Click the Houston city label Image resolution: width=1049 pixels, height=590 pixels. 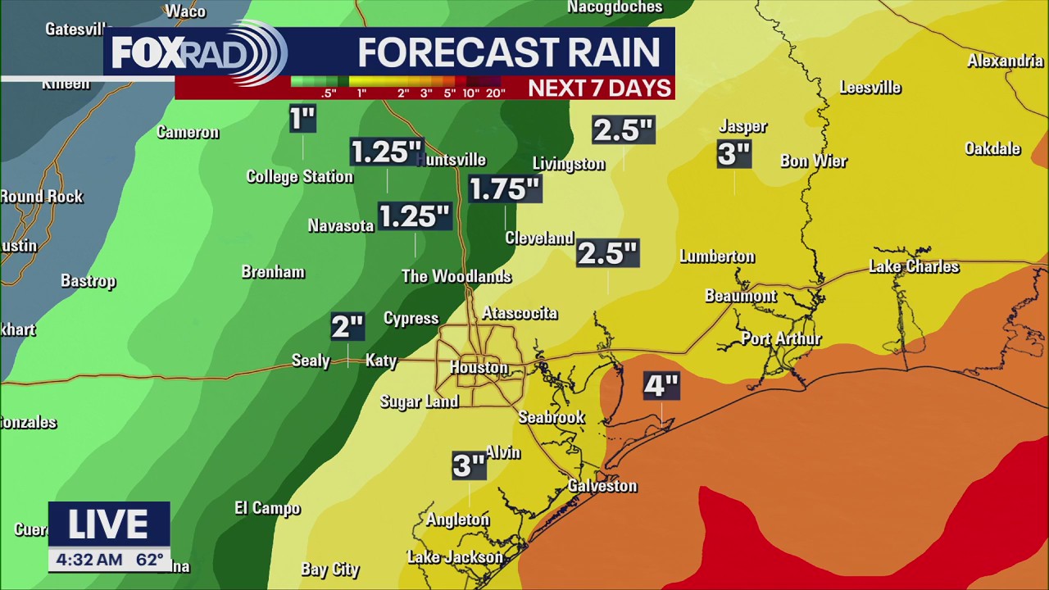click(479, 368)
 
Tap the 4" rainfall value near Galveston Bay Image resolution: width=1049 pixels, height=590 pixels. click(661, 386)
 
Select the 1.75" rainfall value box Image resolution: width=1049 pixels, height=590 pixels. click(505, 189)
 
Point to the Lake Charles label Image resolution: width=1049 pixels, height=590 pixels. click(913, 266)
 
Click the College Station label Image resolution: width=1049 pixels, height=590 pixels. click(299, 177)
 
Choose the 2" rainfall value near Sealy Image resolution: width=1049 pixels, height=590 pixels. click(347, 327)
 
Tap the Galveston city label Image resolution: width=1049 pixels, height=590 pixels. click(602, 486)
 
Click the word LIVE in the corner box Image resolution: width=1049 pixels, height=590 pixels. click(108, 525)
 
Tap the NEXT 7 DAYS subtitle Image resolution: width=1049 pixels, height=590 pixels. click(599, 88)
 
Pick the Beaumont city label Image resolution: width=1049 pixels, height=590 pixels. click(740, 296)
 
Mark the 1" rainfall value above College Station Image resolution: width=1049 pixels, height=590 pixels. click(302, 120)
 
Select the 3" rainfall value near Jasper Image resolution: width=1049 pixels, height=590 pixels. click(733, 154)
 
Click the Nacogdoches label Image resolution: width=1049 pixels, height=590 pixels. click(615, 7)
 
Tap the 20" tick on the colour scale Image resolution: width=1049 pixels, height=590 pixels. click(495, 93)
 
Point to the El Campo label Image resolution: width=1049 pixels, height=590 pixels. click(267, 509)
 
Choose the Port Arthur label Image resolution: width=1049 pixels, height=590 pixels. click(781, 338)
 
